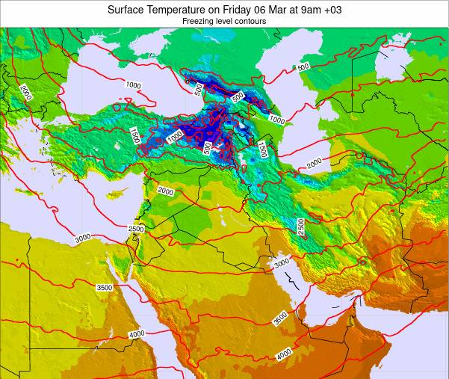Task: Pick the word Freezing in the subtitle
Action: (199, 22)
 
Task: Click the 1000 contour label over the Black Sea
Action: (134, 85)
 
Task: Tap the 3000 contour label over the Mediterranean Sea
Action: (83, 238)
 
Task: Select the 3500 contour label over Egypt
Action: (105, 288)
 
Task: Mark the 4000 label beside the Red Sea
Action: (137, 334)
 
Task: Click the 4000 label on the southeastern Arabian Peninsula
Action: (284, 354)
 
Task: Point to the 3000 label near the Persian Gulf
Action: (282, 263)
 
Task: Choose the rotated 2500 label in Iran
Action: (300, 227)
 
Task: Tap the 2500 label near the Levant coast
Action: (136, 229)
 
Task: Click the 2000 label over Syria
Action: (165, 191)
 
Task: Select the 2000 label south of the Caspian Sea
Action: (315, 162)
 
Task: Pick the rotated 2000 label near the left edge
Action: (25, 93)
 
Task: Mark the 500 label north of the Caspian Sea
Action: (303, 67)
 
